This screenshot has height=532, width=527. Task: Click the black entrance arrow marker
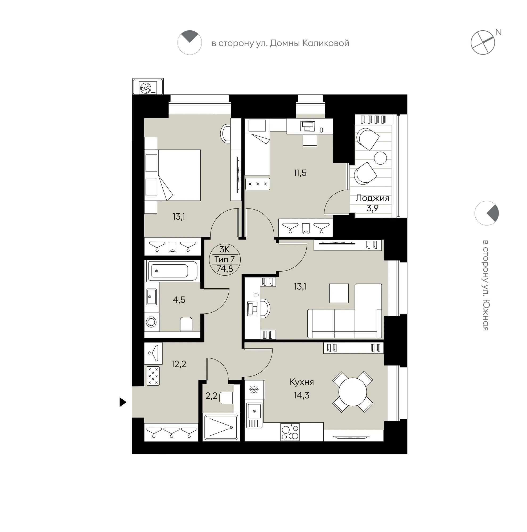(123, 402)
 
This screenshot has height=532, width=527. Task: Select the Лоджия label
(372, 198)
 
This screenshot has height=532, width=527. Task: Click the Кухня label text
(302, 382)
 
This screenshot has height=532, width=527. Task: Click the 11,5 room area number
(300, 173)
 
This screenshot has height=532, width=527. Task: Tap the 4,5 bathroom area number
(179, 300)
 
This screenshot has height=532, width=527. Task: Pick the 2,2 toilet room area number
(211, 396)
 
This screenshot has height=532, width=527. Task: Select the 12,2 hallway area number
(179, 364)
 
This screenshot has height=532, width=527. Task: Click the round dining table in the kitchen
(352, 392)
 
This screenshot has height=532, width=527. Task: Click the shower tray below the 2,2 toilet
(221, 427)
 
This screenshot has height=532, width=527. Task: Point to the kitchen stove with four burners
(290, 432)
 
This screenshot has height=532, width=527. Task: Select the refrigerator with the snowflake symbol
(255, 390)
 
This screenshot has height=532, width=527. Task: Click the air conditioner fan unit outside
(148, 87)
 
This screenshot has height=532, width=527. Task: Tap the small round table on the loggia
(380, 158)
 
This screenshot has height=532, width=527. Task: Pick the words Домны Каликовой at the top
(310, 43)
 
